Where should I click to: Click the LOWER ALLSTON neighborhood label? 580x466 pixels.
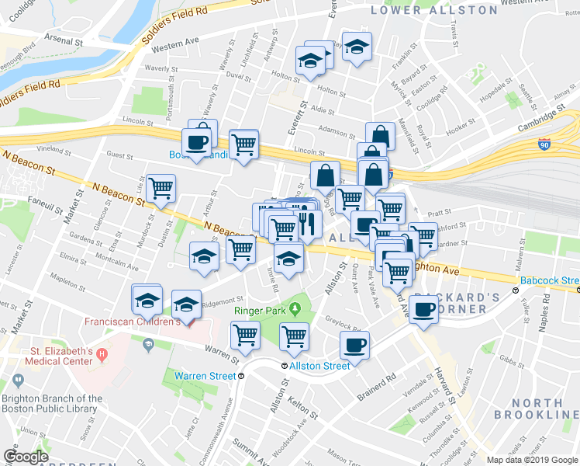(x=433, y=10)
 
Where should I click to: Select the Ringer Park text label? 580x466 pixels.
(x=261, y=311)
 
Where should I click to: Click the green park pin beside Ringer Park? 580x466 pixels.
(x=295, y=311)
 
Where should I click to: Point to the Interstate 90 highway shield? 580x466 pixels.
(x=543, y=144)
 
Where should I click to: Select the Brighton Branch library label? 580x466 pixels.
(x=51, y=404)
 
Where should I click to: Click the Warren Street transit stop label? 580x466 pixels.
(x=204, y=376)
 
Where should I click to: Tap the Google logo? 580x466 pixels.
(x=26, y=457)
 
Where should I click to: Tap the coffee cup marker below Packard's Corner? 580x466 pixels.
(x=423, y=311)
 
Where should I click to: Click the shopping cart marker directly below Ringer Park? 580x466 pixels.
(x=295, y=337)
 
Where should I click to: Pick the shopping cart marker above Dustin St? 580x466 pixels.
(x=161, y=189)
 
